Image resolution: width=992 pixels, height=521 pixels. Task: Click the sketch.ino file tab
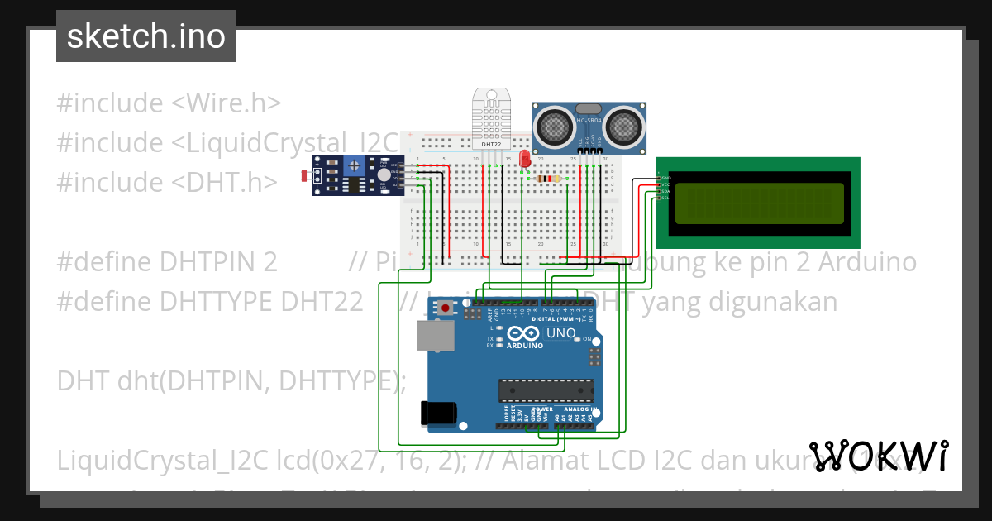(x=145, y=36)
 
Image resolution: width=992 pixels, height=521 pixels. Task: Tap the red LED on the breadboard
(x=524, y=161)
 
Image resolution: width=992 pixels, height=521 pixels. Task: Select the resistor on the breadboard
(x=548, y=179)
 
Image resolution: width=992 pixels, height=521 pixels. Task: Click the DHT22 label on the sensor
(x=492, y=145)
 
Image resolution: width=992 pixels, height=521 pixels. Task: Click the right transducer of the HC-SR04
(x=621, y=127)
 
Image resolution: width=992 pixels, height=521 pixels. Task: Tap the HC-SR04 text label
(x=589, y=121)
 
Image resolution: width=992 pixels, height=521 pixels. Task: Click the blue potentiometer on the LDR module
(x=355, y=167)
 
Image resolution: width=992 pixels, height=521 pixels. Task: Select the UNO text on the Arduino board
(x=562, y=333)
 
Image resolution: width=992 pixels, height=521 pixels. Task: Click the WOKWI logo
(x=878, y=456)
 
